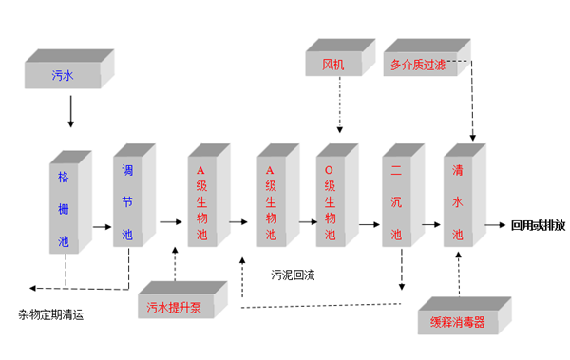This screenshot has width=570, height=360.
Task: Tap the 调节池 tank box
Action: coord(128,202)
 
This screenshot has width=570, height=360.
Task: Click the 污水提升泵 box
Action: coord(180,307)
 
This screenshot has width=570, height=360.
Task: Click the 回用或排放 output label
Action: coord(538,226)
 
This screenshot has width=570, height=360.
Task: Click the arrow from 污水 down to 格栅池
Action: coord(70,112)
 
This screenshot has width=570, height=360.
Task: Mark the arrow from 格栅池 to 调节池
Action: coord(102,226)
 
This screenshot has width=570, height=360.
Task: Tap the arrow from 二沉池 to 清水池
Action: coord(432,226)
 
